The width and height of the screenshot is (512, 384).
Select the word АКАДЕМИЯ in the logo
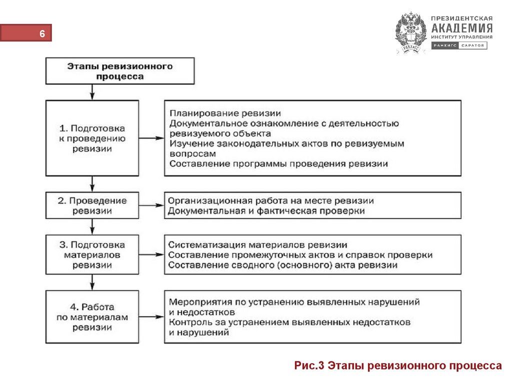pyautogui.click(x=461, y=27)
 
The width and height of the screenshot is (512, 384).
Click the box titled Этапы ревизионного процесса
pyautogui.click(x=119, y=71)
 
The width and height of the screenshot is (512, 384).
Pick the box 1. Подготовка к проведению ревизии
pyautogui.click(x=92, y=138)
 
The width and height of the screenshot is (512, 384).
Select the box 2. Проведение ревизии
pyautogui.click(x=92, y=205)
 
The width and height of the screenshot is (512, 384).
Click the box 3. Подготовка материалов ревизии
pyautogui.click(x=92, y=254)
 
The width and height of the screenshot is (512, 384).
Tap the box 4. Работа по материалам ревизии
pyautogui.click(x=92, y=317)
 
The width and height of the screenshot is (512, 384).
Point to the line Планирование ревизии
pyautogui.click(x=225, y=113)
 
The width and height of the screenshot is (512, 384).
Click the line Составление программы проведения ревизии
pyautogui.click(x=278, y=163)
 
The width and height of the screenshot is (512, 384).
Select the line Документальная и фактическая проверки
pyautogui.click(x=266, y=211)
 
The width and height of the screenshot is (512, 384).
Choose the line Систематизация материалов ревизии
pyautogui.click(x=257, y=245)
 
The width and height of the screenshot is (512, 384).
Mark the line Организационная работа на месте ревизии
pyautogui.click(x=271, y=201)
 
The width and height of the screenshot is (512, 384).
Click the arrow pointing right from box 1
pyautogui.click(x=151, y=138)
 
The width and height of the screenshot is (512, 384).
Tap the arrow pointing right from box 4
pyautogui.click(x=151, y=317)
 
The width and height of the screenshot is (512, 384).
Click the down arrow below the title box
pyautogui.click(x=92, y=92)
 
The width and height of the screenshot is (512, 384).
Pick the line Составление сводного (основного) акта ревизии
pyautogui.click(x=282, y=265)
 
